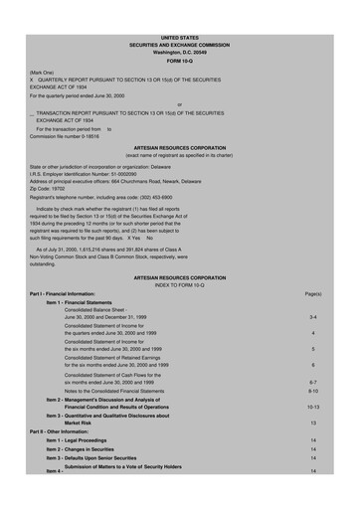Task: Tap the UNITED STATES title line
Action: (180, 8)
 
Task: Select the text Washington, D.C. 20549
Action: (180, 23)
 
